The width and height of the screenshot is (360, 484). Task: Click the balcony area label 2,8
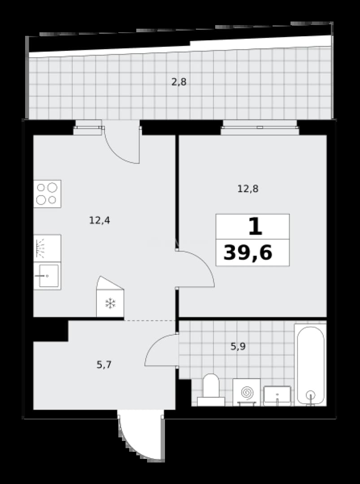[x=179, y=82]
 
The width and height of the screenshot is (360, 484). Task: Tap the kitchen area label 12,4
[x=100, y=220]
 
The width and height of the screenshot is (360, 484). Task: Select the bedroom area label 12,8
[x=247, y=189]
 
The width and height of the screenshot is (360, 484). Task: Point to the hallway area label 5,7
[x=104, y=365]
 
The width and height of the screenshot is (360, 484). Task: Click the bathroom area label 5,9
[x=238, y=346]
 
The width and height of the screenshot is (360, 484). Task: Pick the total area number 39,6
[x=248, y=253]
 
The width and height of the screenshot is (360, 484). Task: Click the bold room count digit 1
[x=256, y=226]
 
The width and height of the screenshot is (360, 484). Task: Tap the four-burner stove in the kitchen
[x=47, y=194]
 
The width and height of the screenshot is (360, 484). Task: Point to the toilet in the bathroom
[x=211, y=390]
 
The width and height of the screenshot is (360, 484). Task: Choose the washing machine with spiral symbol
[x=247, y=392]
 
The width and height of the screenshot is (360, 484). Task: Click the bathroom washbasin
[x=277, y=396]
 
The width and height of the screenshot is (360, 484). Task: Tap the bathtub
[x=310, y=365]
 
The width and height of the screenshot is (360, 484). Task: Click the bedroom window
[x=260, y=127]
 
